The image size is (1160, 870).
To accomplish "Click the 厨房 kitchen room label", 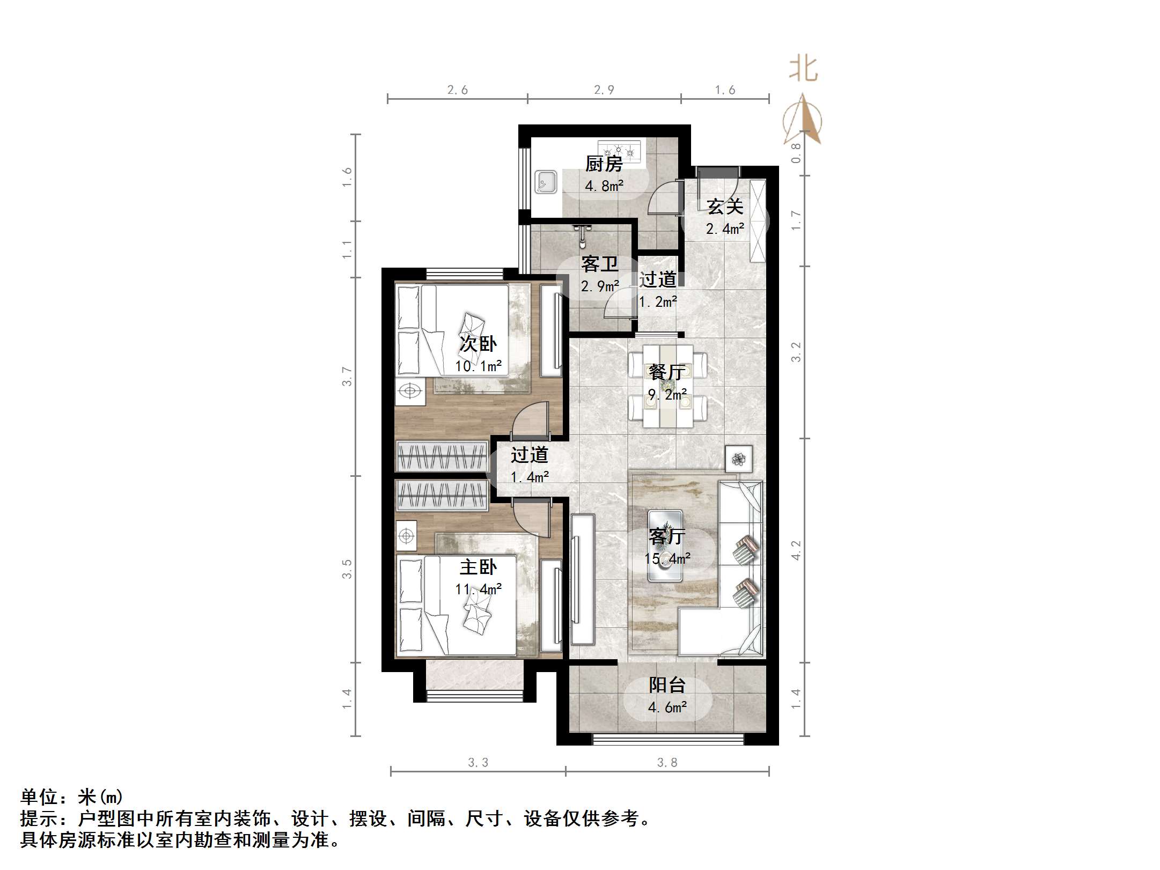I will click(x=604, y=164).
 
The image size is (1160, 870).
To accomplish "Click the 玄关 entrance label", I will click(x=725, y=207).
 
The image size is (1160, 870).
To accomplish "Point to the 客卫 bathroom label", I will click(x=599, y=264).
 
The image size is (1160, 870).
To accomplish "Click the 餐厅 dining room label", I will click(x=667, y=372).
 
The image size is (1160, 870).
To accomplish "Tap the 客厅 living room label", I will click(x=667, y=536).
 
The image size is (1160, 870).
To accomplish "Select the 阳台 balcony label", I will click(x=667, y=685).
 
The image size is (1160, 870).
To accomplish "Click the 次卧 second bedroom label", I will click(x=478, y=344).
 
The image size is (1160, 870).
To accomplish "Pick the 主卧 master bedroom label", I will click(x=478, y=567).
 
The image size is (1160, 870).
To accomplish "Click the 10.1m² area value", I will click(x=478, y=366).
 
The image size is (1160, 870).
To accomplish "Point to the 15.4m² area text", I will click(x=667, y=558).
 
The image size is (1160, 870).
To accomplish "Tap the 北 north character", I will click(x=803, y=69).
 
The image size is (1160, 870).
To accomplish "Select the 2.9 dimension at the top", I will click(x=604, y=90).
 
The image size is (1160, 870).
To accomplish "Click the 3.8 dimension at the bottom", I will click(x=667, y=762).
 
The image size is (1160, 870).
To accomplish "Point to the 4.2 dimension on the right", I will click(x=796, y=550).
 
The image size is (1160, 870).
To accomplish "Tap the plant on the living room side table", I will click(x=739, y=459).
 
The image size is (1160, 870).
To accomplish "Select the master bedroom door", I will click(x=531, y=518).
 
